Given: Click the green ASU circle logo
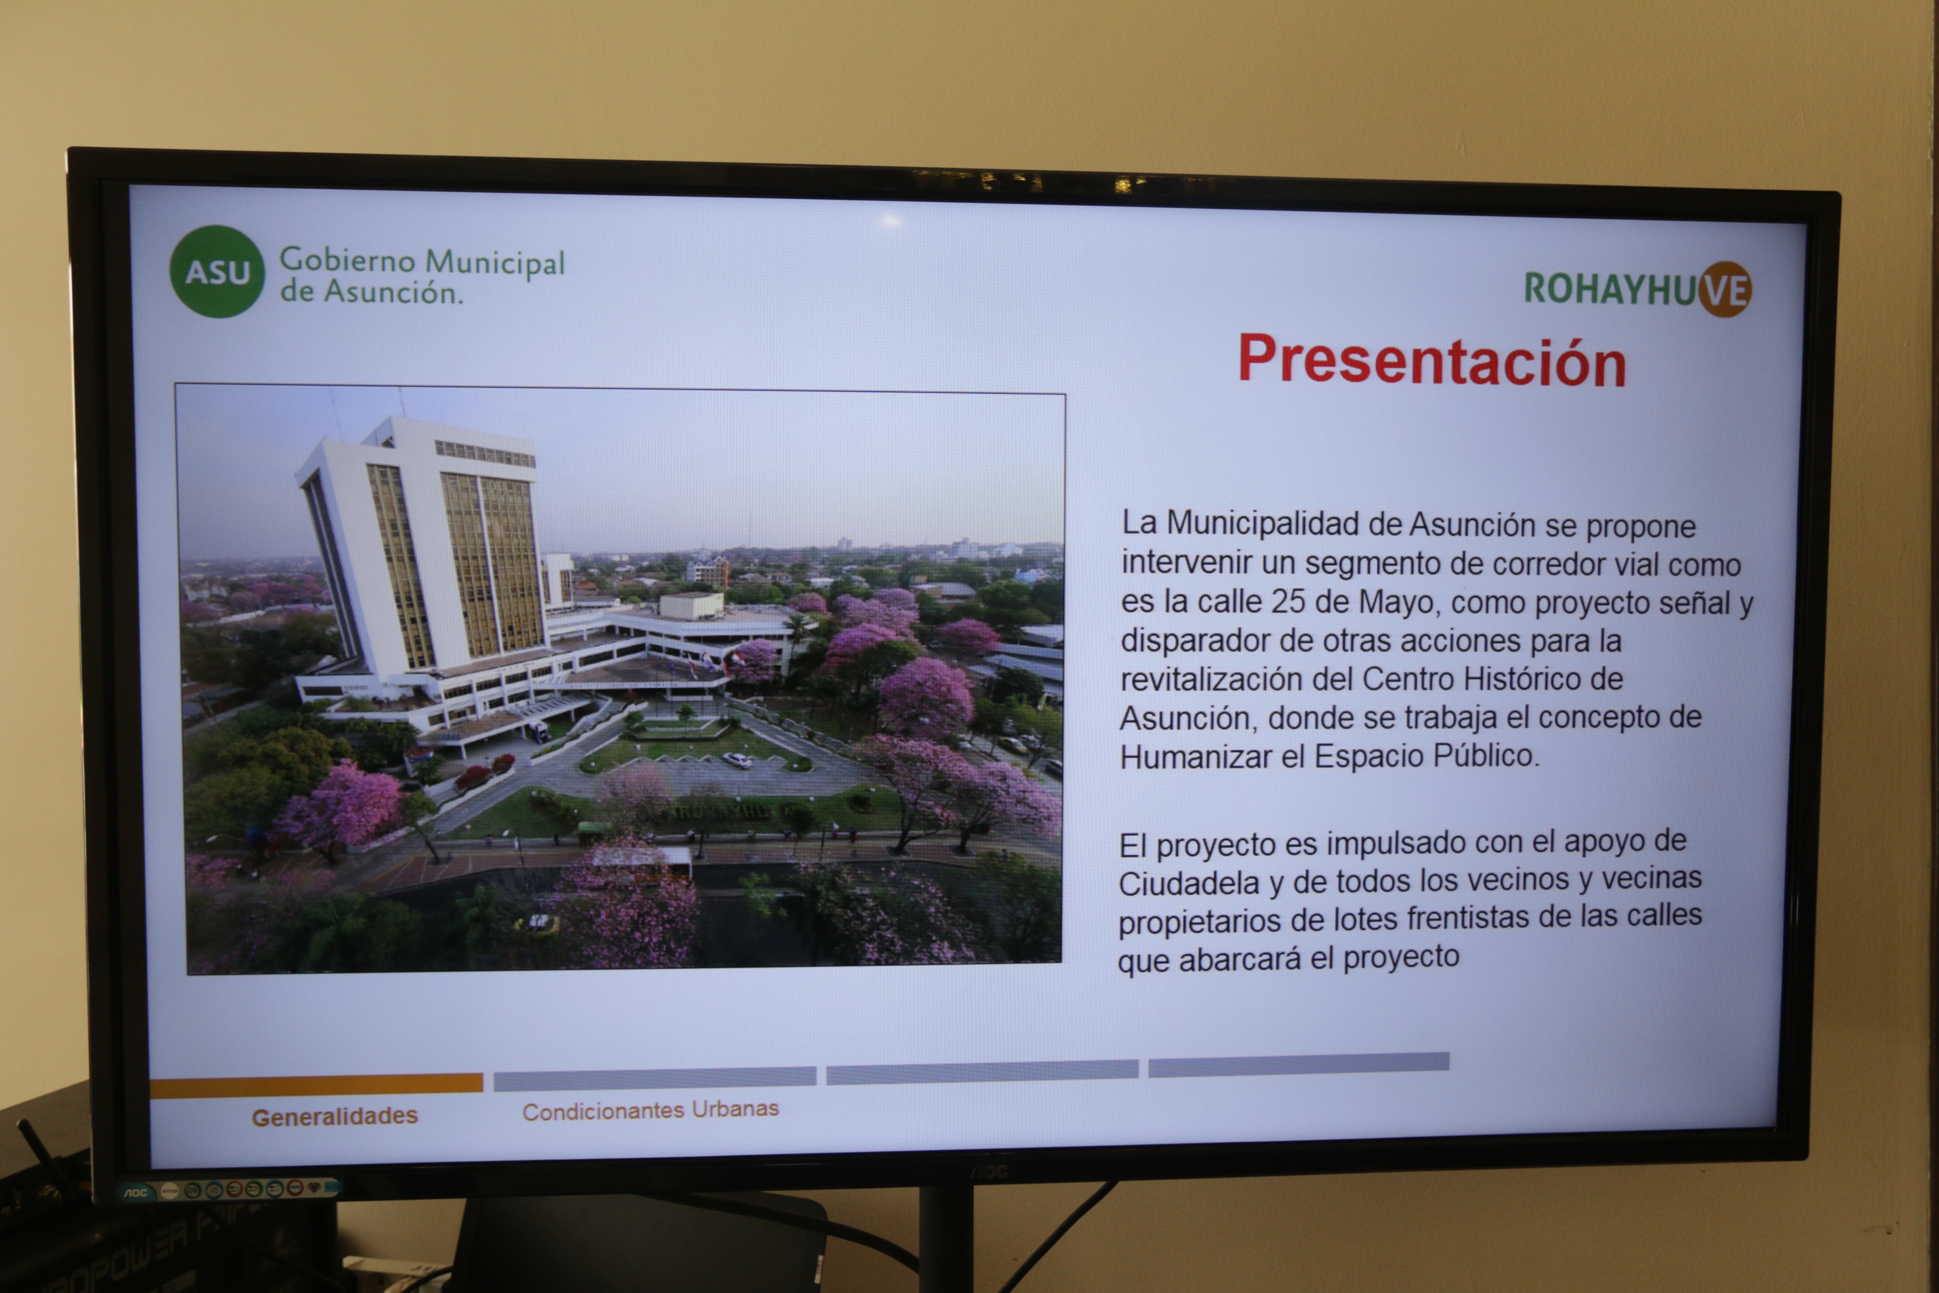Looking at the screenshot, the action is (217, 271).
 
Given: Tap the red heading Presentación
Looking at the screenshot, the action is (1432, 360).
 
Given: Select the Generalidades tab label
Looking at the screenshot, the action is (335, 1116).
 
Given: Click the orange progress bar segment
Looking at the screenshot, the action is (316, 1084).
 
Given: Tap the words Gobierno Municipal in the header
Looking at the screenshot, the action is (422, 262).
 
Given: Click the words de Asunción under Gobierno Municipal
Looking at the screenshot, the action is (371, 292).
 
